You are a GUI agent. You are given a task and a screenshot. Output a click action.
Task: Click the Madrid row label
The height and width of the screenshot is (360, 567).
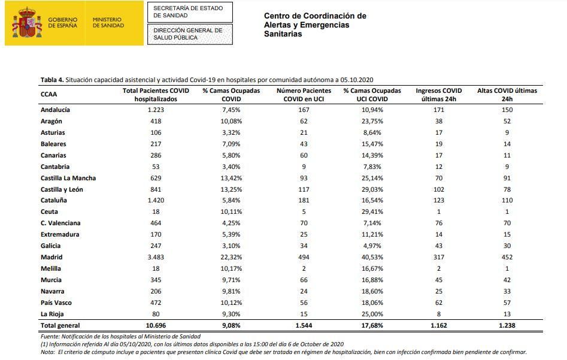51,257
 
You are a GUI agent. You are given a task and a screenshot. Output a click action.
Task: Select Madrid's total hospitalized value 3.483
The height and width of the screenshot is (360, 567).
156,257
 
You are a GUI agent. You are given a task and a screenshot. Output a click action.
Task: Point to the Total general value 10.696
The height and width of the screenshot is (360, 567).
156,325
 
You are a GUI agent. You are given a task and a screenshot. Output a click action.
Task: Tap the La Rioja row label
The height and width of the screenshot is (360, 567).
52,314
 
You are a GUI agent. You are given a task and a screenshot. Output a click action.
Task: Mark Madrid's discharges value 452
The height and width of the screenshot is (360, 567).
507,257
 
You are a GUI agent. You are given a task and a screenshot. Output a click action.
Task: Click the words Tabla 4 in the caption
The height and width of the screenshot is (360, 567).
51,80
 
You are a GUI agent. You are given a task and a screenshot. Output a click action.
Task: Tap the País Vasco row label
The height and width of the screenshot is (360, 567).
56,302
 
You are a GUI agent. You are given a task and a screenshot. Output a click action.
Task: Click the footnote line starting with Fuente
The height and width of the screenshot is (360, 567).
120,337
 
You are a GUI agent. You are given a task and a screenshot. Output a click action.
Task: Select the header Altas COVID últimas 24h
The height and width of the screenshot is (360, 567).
507,95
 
